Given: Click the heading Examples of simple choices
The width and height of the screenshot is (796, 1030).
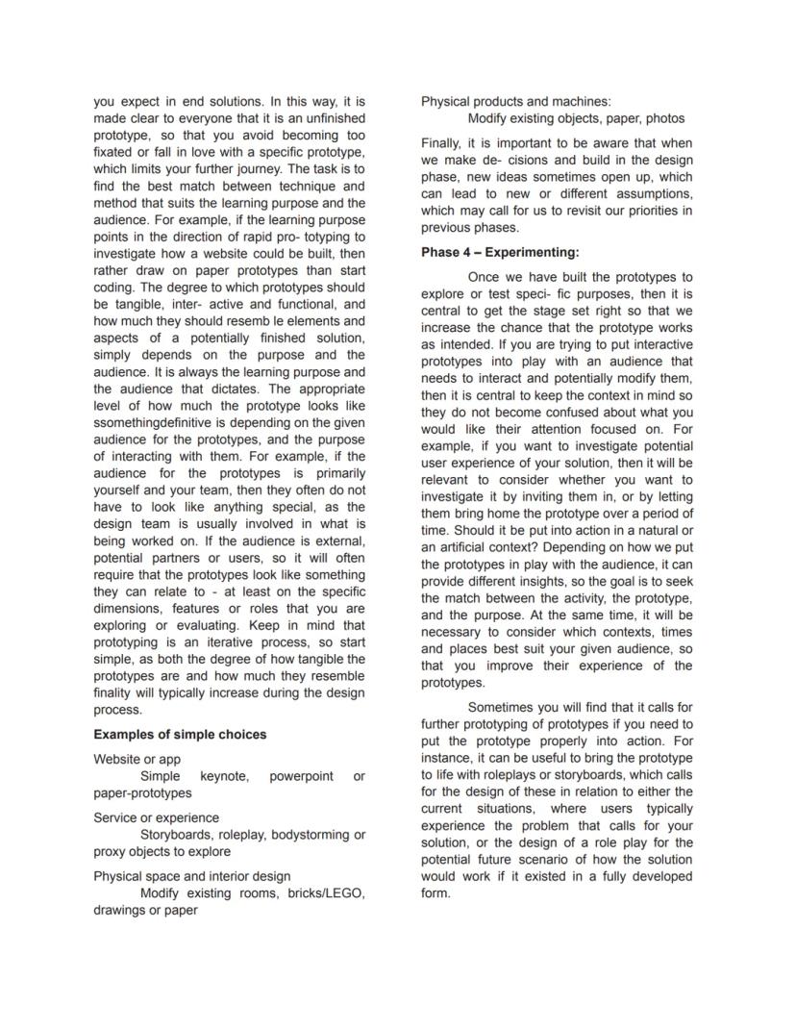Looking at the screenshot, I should click(180, 735).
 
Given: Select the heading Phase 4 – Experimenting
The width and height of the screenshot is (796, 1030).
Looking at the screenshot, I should click(500, 253).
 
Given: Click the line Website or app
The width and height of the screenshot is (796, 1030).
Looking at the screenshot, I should click(137, 760).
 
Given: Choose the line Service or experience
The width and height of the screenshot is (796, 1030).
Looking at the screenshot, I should click(156, 818).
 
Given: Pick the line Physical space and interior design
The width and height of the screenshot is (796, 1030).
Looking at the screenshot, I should click(191, 877).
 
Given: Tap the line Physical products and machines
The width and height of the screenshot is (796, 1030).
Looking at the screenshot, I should click(515, 102).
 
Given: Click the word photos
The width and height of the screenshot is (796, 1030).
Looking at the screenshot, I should click(665, 118).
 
